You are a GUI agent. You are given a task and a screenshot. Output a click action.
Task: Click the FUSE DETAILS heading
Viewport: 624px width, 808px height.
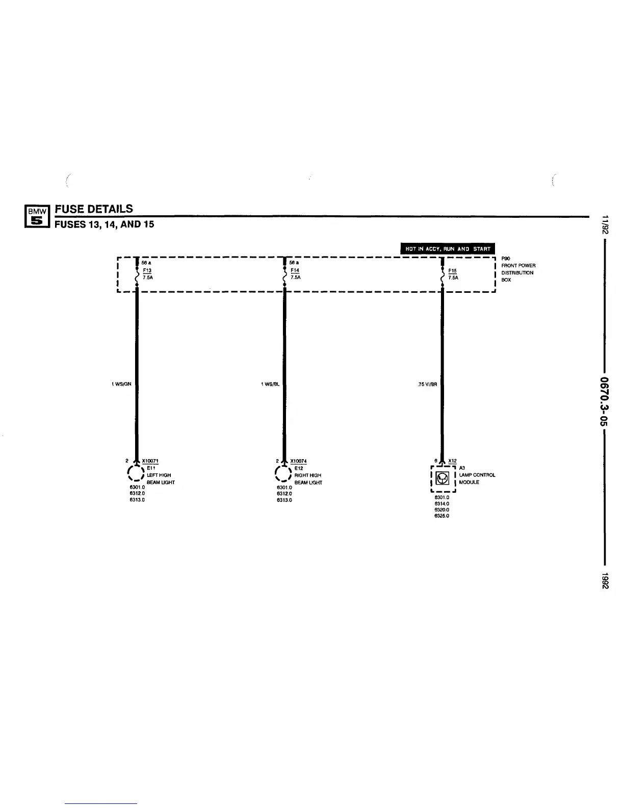(x=94, y=209)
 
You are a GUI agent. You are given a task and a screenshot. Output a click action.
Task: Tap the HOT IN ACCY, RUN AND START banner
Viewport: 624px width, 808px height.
(x=448, y=249)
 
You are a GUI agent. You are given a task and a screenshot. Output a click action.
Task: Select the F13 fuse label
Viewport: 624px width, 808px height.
(x=147, y=270)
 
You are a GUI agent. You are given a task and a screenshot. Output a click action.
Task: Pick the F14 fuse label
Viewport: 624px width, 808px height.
(x=295, y=270)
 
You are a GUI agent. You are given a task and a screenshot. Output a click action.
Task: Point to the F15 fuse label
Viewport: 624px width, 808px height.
(x=453, y=271)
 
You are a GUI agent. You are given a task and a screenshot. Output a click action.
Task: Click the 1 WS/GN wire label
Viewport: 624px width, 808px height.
(x=122, y=384)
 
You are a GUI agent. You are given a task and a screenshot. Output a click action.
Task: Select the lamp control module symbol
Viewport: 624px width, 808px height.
(x=443, y=479)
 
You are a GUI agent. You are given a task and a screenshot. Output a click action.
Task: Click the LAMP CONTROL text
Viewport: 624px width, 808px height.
(x=477, y=475)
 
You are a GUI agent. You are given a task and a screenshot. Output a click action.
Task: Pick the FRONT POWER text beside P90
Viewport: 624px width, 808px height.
(x=518, y=265)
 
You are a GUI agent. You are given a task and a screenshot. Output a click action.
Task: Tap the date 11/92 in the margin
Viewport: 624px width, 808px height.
(x=605, y=225)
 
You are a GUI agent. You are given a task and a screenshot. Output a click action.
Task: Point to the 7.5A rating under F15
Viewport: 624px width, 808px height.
(x=453, y=278)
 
